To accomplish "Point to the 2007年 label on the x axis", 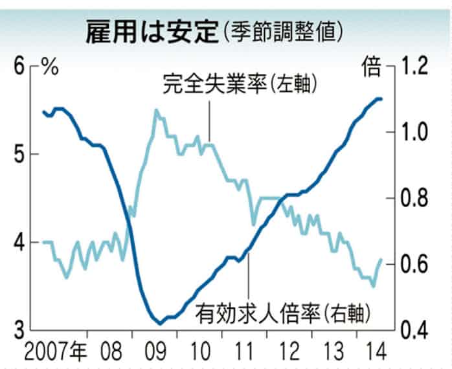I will click(x=55, y=353).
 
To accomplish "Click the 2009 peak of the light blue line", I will click(x=156, y=111).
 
